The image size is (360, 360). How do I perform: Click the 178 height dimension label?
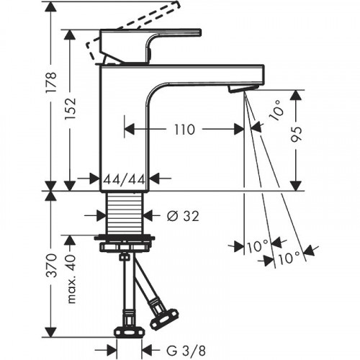[52, 81]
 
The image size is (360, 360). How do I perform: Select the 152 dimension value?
[71, 108]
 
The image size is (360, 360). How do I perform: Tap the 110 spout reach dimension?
[184, 130]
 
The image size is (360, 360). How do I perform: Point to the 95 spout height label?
[296, 134]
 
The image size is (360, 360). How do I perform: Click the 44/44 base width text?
[125, 179]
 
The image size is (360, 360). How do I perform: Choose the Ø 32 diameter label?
[183, 216]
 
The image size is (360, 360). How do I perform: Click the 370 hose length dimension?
[52, 266]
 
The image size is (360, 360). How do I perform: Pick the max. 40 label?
[71, 279]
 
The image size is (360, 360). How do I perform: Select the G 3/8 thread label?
[186, 351]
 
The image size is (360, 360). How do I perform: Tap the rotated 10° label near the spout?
[276, 110]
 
